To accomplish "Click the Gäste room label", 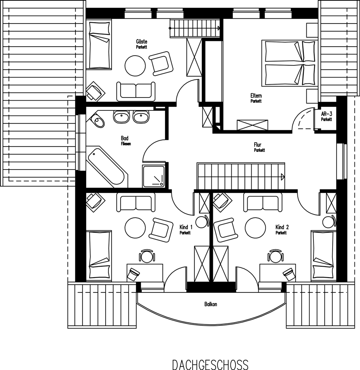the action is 141,42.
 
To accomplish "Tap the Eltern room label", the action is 256,96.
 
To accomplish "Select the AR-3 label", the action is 326,114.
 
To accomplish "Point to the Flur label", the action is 257,144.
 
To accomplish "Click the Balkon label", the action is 211,304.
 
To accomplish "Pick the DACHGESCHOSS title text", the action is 210,365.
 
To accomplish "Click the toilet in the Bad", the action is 97,120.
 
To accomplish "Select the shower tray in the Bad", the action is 153,176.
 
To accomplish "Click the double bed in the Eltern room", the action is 290,63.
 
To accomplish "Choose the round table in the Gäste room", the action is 135,66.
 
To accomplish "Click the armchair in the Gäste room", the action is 161,63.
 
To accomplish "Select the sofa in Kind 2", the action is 263,202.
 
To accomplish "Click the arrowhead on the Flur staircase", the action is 283,177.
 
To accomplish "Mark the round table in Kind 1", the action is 135,228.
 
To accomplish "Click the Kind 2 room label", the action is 282,227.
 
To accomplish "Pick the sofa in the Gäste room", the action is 136,92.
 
